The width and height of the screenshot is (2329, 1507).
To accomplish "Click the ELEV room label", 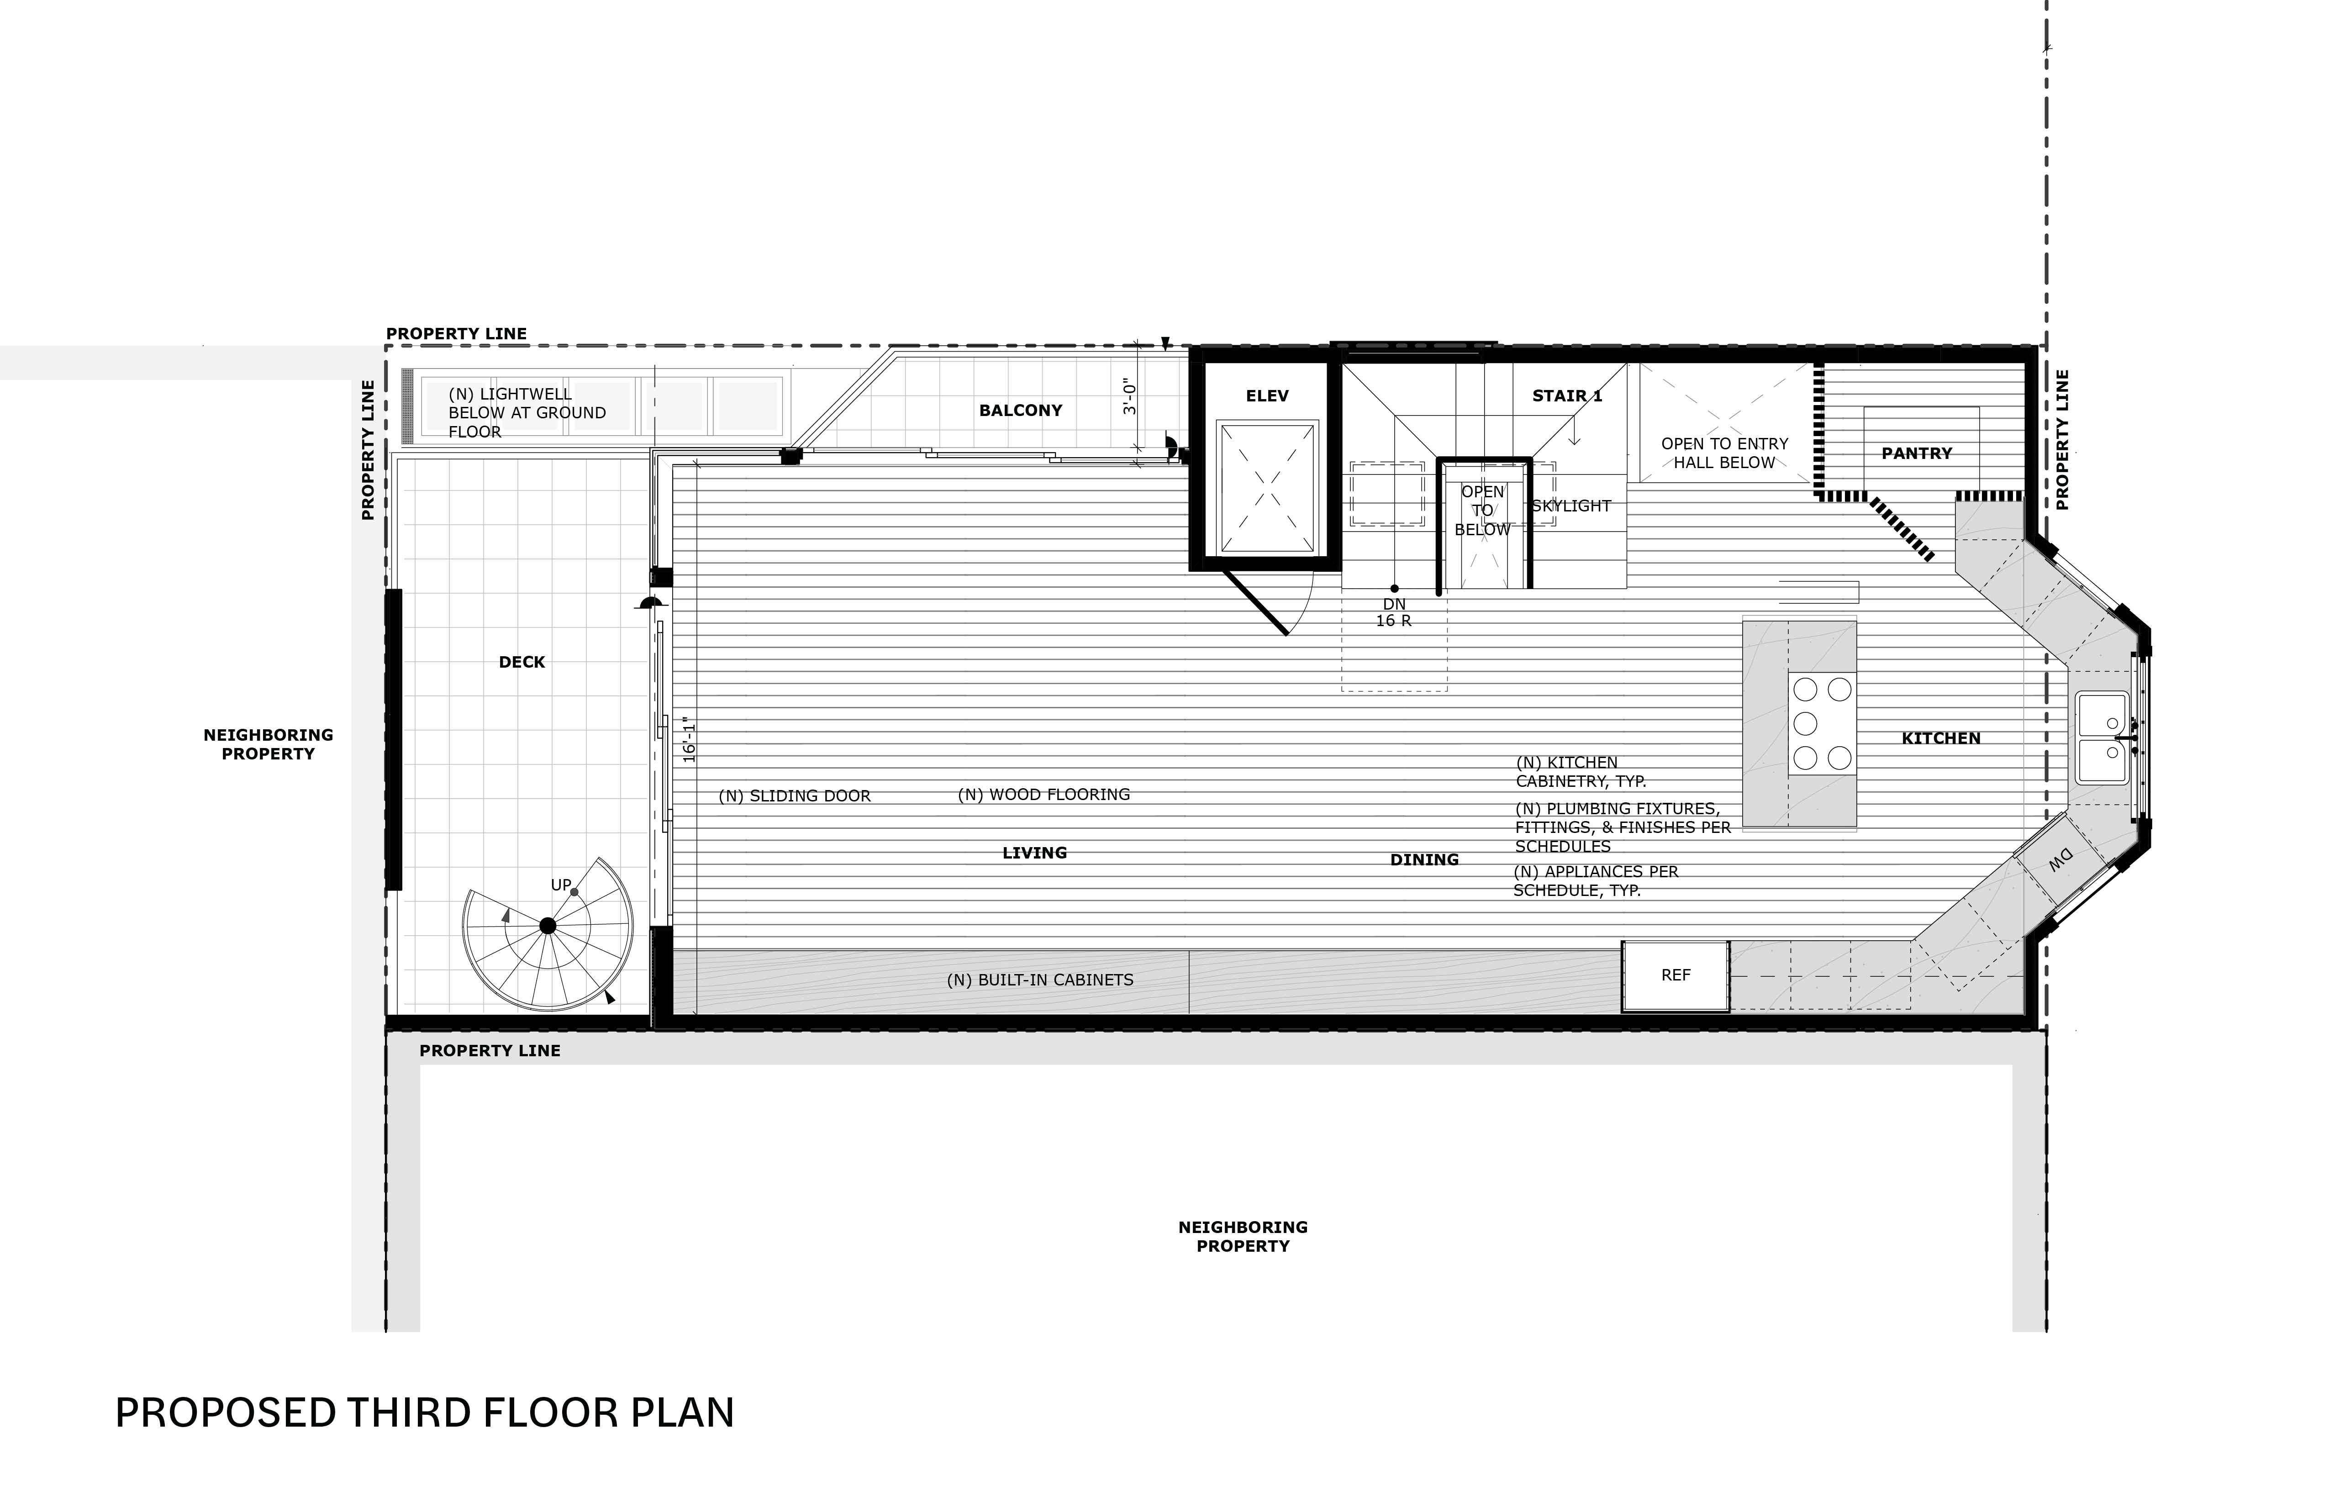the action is click(x=1267, y=396).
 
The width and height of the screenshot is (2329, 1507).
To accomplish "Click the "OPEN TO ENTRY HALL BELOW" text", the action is click(x=1724, y=453).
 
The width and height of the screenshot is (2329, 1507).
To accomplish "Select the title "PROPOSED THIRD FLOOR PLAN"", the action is click(x=425, y=1413).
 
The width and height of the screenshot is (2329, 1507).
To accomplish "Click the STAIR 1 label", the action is click(x=1567, y=396).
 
